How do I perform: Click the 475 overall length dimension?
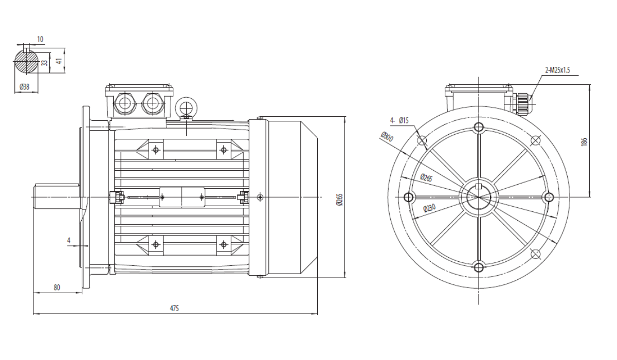[174, 308]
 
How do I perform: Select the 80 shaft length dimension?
[57, 287]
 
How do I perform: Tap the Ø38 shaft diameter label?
[25, 87]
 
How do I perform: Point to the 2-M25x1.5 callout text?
[557, 70]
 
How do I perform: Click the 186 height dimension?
[584, 141]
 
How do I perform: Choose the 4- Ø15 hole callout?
[400, 120]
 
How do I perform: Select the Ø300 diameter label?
[387, 137]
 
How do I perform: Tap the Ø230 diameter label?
[429, 208]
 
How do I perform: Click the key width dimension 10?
[40, 40]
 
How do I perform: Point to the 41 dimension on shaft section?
[59, 60]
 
